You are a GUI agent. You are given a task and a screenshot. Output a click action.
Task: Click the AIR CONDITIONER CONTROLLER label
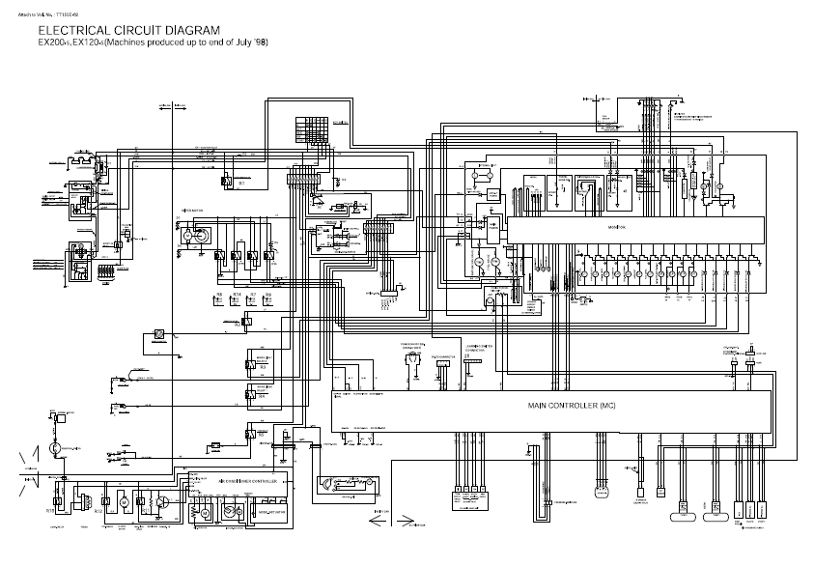[249, 480]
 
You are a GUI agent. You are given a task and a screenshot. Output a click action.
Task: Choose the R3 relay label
[262, 368]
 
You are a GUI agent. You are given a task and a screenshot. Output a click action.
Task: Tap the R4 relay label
[262, 395]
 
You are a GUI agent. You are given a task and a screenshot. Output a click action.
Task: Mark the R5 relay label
[262, 435]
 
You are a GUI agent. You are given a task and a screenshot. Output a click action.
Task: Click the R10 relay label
[50, 509]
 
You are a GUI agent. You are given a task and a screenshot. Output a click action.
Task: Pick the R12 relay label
[104, 509]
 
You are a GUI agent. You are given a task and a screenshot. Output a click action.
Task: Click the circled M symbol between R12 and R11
[124, 501]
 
